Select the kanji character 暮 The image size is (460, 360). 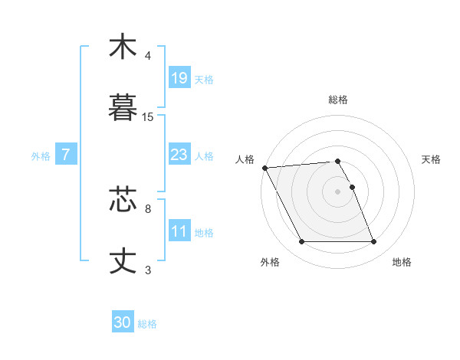(x=123, y=107)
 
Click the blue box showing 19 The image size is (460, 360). (x=179, y=77)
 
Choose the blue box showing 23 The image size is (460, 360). (x=179, y=155)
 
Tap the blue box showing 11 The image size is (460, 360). (x=179, y=231)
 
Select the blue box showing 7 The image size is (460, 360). (x=66, y=155)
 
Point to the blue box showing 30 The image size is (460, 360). (x=123, y=322)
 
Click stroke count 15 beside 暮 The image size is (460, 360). (x=148, y=117)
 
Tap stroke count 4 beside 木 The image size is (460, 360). (x=148, y=56)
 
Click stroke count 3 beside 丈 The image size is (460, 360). (x=148, y=270)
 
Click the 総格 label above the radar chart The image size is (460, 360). (x=338, y=100)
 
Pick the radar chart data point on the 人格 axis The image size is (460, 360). (x=265, y=168)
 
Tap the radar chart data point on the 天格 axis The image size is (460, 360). (x=352, y=187)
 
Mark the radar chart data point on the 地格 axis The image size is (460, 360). (x=373, y=242)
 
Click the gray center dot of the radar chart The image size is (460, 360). (x=338, y=191)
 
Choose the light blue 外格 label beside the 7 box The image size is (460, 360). (x=41, y=155)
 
